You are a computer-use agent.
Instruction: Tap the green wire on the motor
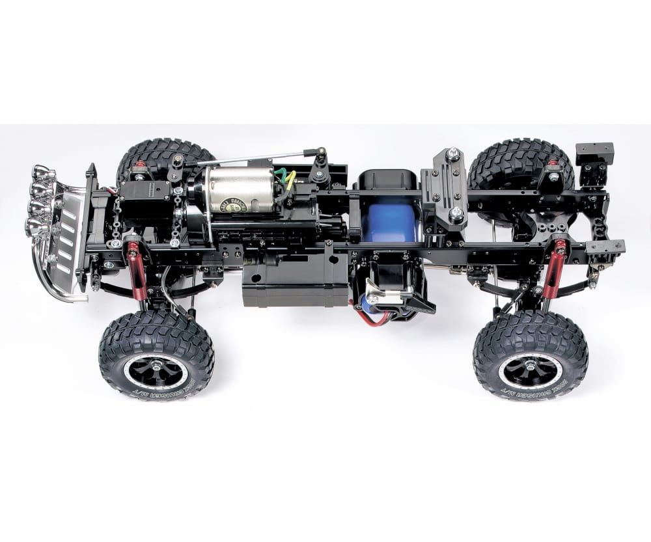pyautogui.click(x=280, y=174)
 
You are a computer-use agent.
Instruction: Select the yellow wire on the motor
pyautogui.click(x=290, y=178)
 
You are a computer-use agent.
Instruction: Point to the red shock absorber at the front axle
pyautogui.click(x=136, y=269)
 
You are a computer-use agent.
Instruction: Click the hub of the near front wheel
pyautogui.click(x=156, y=370)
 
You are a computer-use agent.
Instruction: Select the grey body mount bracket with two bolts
pyautogui.click(x=444, y=185)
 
